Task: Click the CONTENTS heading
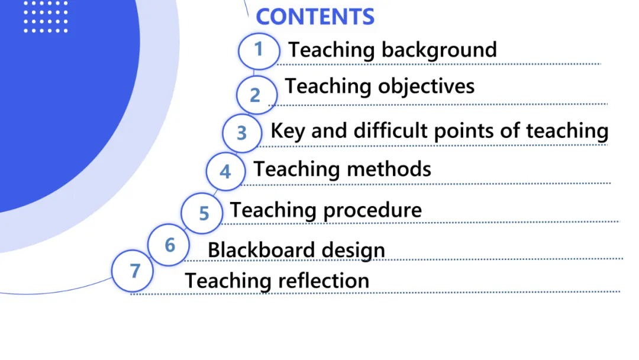[315, 17]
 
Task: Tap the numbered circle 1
[259, 50]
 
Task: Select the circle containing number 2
[256, 95]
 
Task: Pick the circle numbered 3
[241, 133]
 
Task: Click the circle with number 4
[225, 172]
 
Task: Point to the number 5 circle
[204, 213]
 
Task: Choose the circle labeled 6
[170, 245]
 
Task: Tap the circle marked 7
[134, 271]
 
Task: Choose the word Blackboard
[256, 250]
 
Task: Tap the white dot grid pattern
[45, 16]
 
